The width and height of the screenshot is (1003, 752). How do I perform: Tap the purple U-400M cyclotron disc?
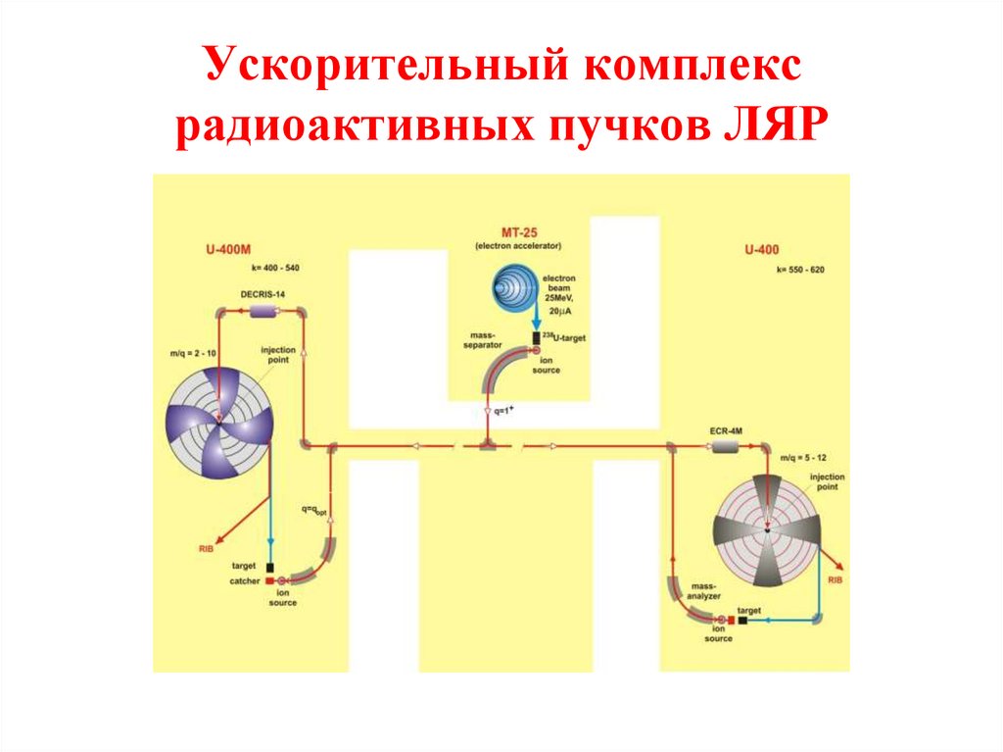pos(217,424)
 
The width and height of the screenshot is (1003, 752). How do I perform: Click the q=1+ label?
pos(502,412)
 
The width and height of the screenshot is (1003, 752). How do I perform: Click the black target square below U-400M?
pos(269,567)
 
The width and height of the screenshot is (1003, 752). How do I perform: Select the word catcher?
pos(245,581)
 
